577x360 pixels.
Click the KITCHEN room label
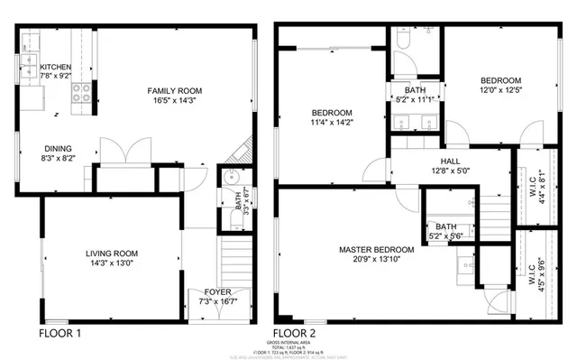[x=55, y=67]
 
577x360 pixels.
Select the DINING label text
[x=57, y=149]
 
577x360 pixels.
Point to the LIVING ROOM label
[x=111, y=254]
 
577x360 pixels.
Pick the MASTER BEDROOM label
[x=376, y=249]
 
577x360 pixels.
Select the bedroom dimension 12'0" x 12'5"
[x=499, y=90]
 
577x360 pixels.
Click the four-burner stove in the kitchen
[x=79, y=89]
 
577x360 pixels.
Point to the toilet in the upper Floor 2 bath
[x=401, y=40]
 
